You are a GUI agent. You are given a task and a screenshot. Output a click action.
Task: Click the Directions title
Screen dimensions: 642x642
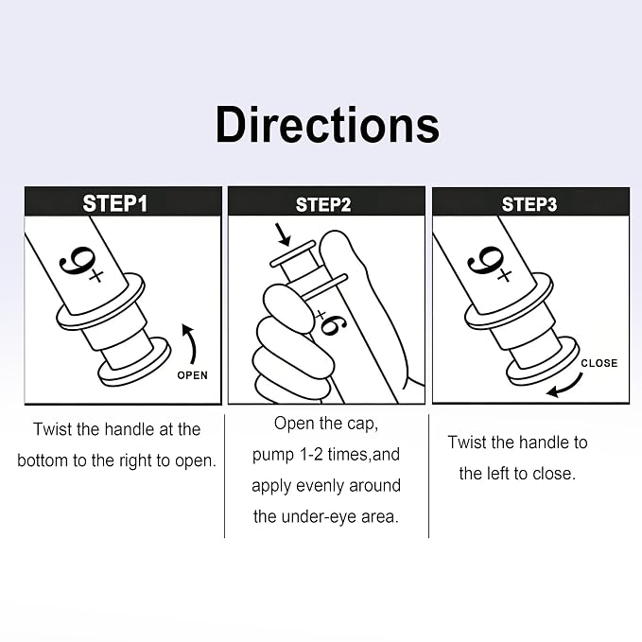tap(327, 125)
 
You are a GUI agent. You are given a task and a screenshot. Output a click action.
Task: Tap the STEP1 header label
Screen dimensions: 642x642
tap(115, 203)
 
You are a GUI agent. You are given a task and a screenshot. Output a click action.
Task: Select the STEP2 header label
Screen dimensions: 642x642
tap(323, 205)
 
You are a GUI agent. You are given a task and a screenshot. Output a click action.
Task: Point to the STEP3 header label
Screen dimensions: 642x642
tap(529, 204)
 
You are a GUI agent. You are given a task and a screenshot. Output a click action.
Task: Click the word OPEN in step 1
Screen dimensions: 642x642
tap(193, 375)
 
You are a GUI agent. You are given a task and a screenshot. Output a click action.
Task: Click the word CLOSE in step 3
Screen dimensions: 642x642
tap(599, 363)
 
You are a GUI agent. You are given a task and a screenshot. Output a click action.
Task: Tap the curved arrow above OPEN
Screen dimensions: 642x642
tap(189, 343)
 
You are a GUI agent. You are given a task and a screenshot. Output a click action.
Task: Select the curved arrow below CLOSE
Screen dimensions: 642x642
tap(565, 386)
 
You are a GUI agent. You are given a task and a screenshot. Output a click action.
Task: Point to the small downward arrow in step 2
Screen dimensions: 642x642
tap(284, 234)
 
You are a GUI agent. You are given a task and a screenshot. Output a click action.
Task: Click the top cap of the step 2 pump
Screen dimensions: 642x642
tap(293, 253)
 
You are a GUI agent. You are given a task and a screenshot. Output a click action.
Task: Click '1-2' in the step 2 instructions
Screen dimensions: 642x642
tap(312, 455)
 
